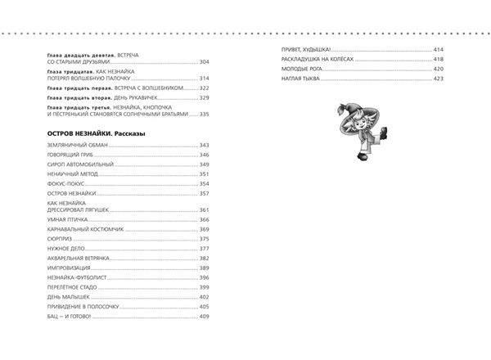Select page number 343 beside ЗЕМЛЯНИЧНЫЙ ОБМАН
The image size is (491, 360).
pyautogui.click(x=205, y=146)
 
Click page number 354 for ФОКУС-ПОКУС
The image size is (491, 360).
pyautogui.click(x=205, y=184)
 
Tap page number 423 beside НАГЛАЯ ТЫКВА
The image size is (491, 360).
pyautogui.click(x=439, y=79)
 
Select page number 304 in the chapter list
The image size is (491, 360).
pyautogui.click(x=205, y=62)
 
